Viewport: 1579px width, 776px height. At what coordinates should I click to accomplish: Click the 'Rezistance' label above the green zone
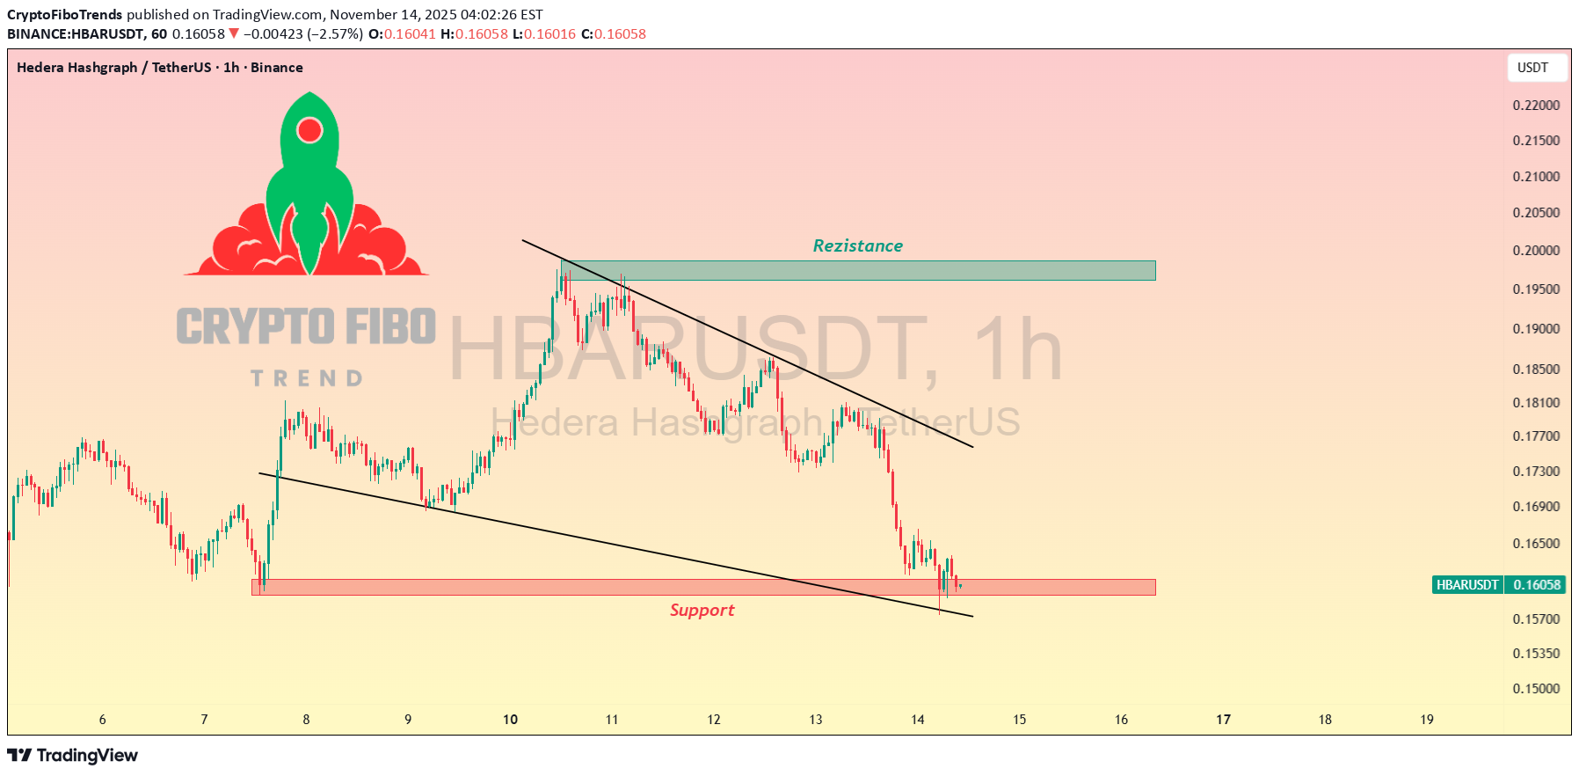coord(857,245)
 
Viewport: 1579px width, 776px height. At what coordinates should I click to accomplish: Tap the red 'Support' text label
coord(702,610)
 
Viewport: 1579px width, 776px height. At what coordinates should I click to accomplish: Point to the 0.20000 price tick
coord(1536,251)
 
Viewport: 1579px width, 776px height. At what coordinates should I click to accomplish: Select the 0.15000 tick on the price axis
coord(1536,689)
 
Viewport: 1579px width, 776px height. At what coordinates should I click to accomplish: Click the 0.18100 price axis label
coord(1536,403)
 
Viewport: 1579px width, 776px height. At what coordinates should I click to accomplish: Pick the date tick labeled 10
coord(510,720)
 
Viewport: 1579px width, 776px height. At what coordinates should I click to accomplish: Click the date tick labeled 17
coord(1223,720)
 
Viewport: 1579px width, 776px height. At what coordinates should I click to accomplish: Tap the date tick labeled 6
coord(102,720)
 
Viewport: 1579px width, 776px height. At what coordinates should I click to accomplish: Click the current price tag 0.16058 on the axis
coord(1537,585)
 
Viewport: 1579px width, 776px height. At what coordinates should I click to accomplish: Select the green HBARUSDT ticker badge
coord(1466,585)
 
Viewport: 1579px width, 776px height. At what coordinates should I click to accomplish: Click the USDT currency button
coord(1532,68)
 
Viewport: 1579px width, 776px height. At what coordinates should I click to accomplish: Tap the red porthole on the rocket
coord(309,130)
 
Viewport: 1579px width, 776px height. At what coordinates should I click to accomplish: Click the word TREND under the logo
coord(306,378)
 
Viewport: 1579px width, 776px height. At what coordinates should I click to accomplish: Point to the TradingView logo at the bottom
coord(73,756)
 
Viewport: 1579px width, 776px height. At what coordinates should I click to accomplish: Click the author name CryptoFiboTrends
coord(65,15)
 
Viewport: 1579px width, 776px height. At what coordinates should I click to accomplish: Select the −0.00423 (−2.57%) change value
coord(302,34)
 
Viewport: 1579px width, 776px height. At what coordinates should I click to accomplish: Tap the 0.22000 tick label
coord(1536,106)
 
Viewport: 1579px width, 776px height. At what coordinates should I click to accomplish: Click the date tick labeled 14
coord(917,720)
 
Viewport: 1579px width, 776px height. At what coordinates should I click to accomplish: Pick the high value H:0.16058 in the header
coord(474,34)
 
